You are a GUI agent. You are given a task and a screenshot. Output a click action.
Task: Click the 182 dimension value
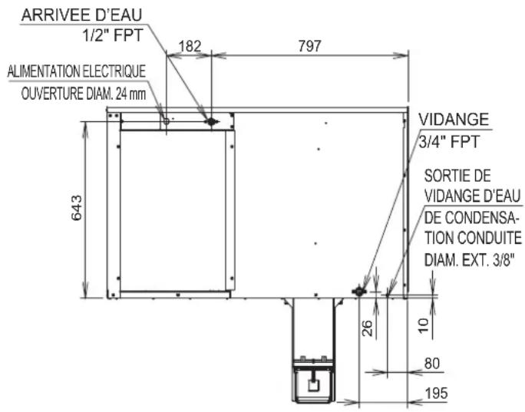click(190, 46)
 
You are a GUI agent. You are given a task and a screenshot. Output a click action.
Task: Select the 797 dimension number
click(310, 46)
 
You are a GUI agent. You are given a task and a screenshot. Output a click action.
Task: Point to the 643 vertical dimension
click(77, 208)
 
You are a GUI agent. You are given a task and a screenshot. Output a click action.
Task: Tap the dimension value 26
click(368, 328)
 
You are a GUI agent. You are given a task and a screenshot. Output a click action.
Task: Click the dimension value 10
click(424, 325)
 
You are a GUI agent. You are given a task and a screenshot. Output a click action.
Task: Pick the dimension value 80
click(432, 364)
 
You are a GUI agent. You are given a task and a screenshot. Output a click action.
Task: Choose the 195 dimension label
click(436, 394)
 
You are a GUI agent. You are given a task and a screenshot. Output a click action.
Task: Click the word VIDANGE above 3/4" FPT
click(454, 120)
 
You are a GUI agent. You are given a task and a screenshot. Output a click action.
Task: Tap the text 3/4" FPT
click(449, 142)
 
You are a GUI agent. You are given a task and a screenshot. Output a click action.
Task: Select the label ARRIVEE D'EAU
click(81, 15)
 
